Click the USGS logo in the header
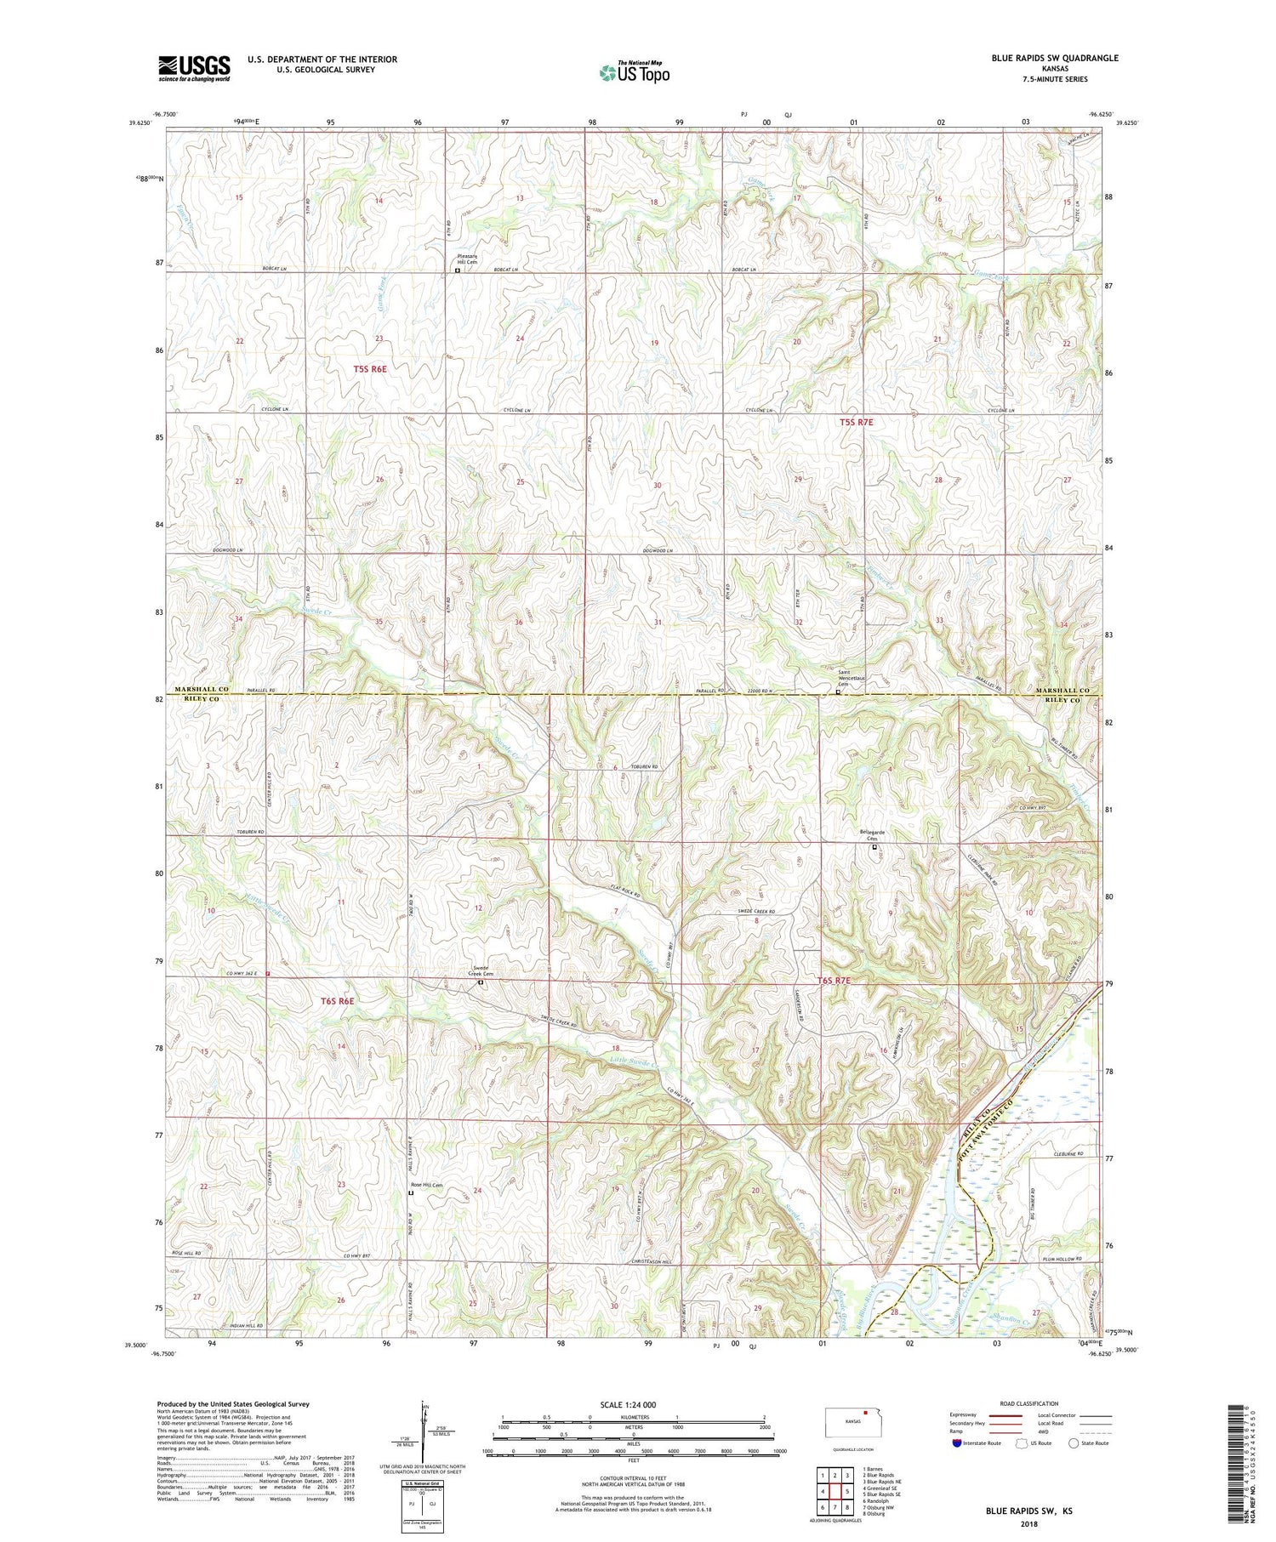[x=194, y=68]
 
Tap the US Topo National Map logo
[x=634, y=72]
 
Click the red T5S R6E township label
[x=370, y=369]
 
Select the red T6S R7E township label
[x=834, y=981]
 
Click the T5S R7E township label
[x=856, y=422]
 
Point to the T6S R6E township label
[x=337, y=1001]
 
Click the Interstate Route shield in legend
[x=957, y=1443]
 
